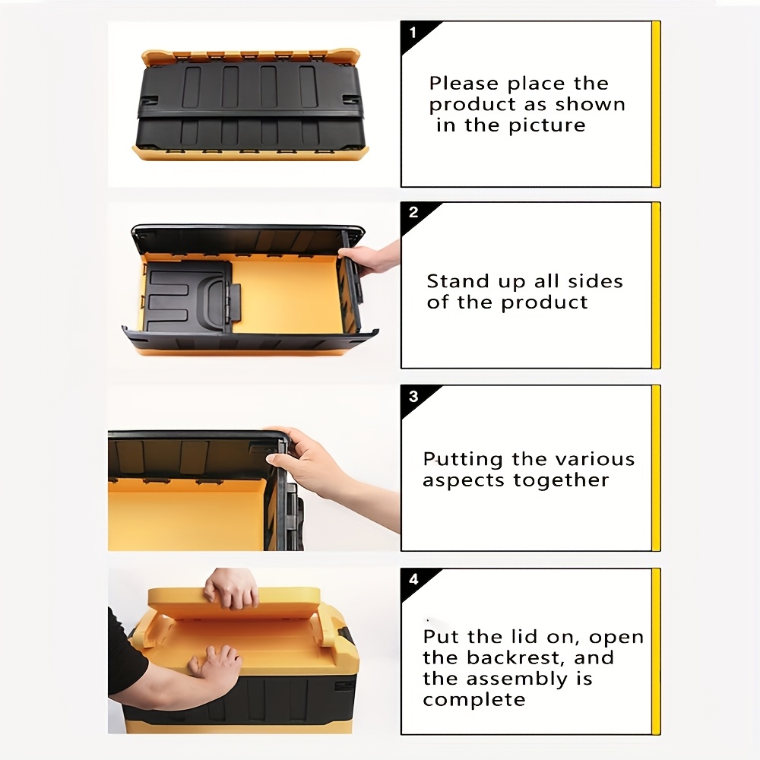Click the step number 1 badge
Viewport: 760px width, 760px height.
point(413,33)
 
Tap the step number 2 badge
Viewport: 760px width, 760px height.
point(413,212)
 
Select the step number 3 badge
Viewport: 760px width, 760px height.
point(413,397)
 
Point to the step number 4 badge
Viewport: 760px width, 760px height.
point(413,579)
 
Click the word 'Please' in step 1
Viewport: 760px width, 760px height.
point(464,84)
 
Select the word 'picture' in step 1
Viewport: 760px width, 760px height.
point(547,125)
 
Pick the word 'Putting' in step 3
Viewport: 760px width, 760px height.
point(463,460)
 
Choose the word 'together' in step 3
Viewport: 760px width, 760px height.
point(561,480)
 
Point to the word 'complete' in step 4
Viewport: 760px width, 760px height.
point(474,700)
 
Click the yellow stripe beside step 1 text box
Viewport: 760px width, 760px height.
point(656,103)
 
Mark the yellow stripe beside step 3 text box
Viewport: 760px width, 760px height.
point(656,468)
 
